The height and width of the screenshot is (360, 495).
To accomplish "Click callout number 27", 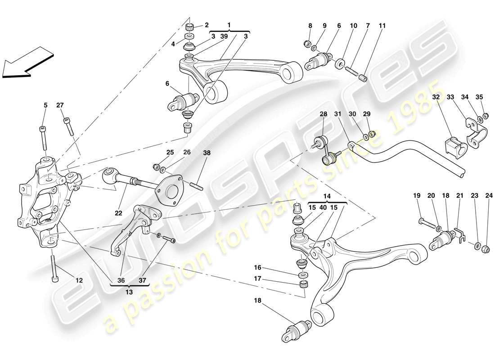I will [x=60, y=105].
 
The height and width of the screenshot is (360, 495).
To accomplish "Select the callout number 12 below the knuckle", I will [x=79, y=280].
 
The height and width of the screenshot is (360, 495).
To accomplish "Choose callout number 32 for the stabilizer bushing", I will [x=436, y=97].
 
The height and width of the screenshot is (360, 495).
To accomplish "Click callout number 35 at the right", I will [x=479, y=97].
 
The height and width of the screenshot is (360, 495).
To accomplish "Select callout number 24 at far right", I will [x=489, y=196].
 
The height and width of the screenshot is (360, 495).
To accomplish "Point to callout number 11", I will [x=382, y=26].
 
